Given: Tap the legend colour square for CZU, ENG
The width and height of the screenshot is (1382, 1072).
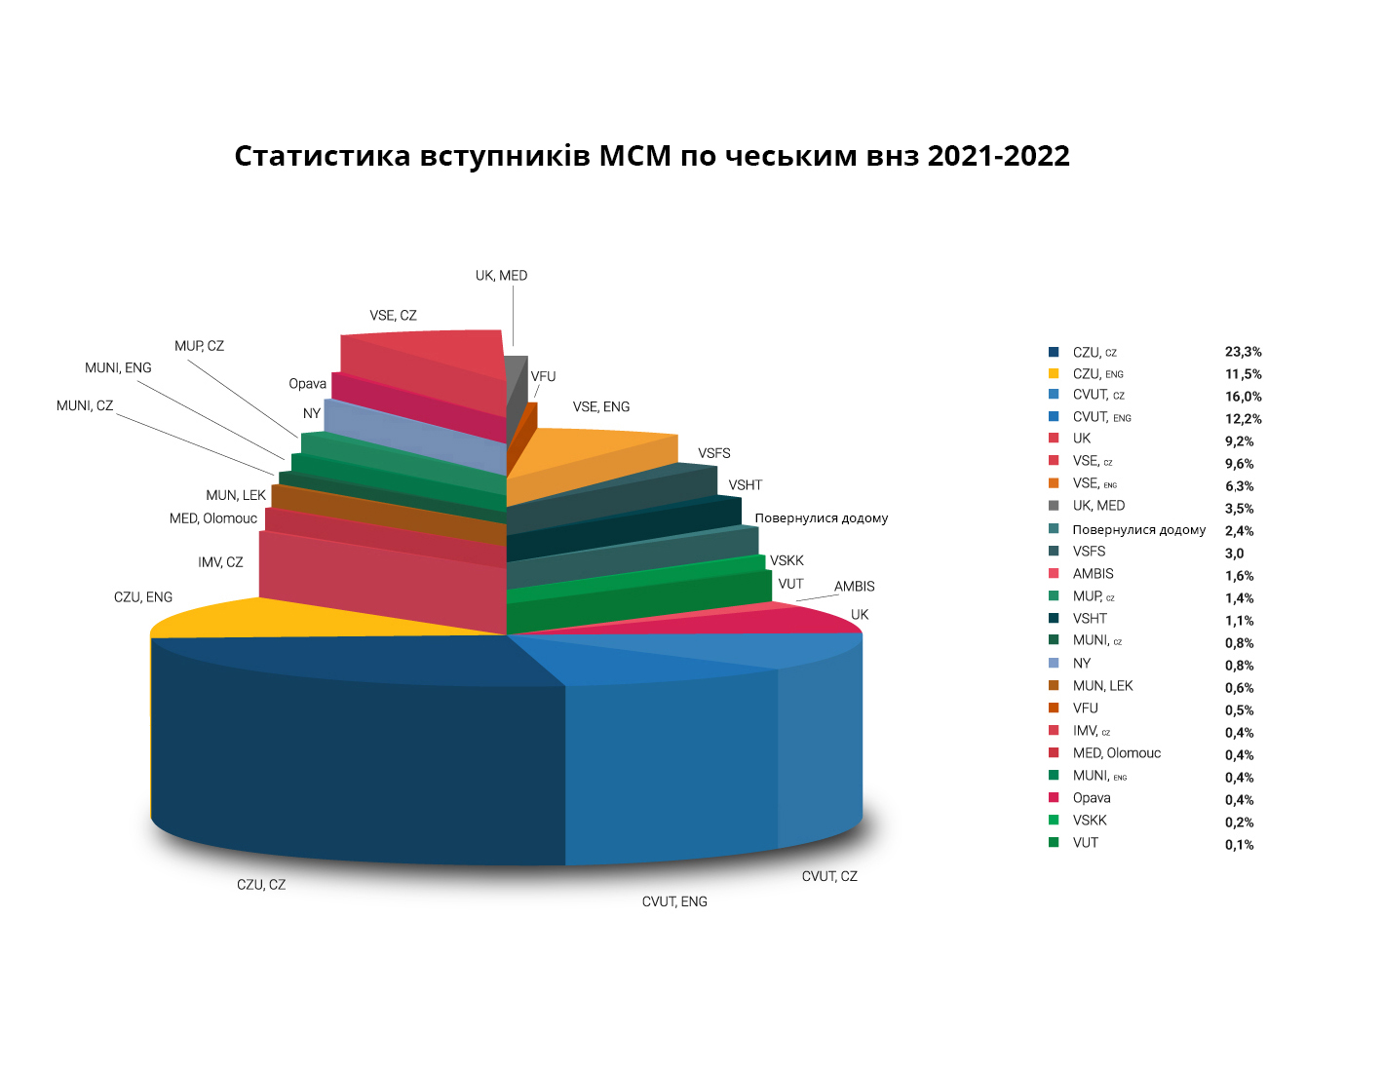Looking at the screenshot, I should (1054, 373).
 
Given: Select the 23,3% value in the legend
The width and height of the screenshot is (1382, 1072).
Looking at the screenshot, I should (1243, 352).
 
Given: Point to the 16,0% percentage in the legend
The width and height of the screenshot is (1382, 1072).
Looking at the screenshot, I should (1243, 397).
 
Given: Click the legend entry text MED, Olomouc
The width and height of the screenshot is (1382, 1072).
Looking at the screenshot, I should (1116, 753).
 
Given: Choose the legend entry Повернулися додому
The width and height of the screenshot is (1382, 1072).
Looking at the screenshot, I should (1138, 530).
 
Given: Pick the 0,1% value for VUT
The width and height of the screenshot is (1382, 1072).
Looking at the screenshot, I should (1239, 845).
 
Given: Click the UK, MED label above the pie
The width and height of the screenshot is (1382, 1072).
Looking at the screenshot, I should (501, 276).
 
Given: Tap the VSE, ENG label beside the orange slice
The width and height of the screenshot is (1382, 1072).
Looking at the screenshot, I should (600, 406).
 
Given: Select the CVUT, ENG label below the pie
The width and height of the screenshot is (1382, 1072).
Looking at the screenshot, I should (674, 901).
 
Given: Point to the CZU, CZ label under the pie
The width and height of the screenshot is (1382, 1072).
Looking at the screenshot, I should (261, 885).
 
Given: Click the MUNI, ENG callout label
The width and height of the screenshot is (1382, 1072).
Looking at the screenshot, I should (118, 367).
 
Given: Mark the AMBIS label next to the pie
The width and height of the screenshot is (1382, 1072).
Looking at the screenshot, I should (854, 586).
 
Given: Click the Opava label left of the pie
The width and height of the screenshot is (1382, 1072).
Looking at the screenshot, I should (307, 384).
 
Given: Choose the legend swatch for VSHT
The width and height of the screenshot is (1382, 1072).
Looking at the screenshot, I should (1054, 618).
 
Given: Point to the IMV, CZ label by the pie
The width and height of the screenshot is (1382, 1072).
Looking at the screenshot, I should (220, 562).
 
